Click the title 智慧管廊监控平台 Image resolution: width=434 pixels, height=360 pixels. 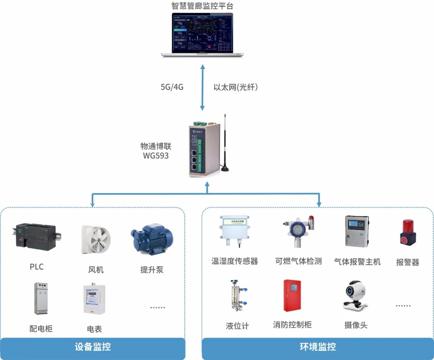click(x=202, y=6)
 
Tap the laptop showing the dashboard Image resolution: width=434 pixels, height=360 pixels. click(x=203, y=35)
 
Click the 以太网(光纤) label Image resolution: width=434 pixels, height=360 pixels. click(x=235, y=87)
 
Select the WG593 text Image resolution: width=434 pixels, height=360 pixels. click(x=156, y=155)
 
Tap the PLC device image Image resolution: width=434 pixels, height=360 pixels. click(x=36, y=237)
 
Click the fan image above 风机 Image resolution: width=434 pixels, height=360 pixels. click(x=96, y=240)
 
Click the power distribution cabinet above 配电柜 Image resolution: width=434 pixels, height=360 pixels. click(x=41, y=299)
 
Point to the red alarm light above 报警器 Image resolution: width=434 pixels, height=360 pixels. click(x=407, y=232)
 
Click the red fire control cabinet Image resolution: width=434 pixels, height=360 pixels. click(x=292, y=295)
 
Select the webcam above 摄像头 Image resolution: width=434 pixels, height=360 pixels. click(x=355, y=296)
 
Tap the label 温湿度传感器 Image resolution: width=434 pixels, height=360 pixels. click(x=235, y=261)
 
